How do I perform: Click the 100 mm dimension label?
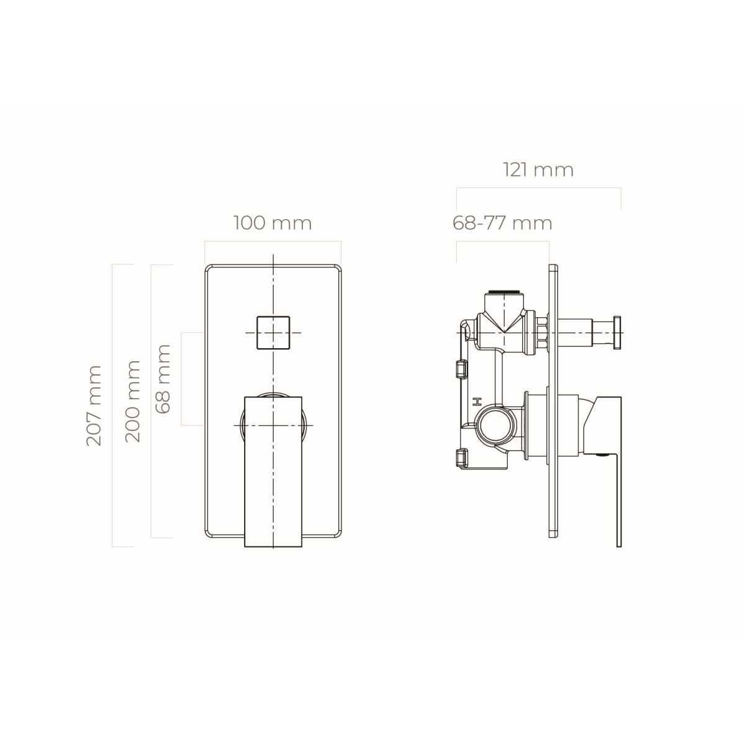tap(273, 223)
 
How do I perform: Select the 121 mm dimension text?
tap(538, 170)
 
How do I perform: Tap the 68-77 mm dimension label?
tap(502, 223)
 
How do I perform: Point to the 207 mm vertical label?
tap(94, 405)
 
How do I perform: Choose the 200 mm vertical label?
tap(132, 401)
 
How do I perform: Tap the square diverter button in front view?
tap(273, 333)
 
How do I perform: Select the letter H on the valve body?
tap(479, 402)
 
